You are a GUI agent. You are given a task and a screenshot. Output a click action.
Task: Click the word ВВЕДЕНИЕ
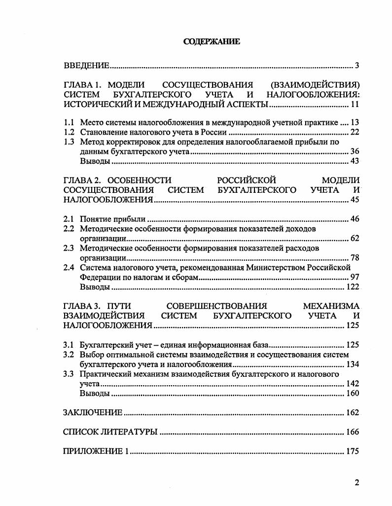(86, 66)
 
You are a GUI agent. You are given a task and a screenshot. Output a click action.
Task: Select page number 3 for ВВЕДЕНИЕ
(357, 66)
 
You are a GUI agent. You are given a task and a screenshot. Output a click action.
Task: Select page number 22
(354, 132)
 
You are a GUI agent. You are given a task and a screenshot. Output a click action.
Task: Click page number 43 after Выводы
(354, 161)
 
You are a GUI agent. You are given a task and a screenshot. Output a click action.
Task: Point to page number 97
(354, 277)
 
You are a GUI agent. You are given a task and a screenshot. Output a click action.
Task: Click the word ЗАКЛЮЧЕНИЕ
(93, 413)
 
